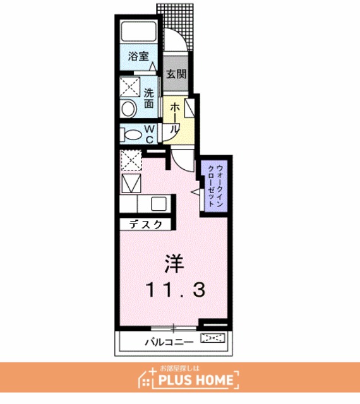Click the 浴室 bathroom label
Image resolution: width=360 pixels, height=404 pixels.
click(x=138, y=56)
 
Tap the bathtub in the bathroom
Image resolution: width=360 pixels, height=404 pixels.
click(x=139, y=31)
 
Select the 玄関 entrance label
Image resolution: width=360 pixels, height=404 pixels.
click(x=176, y=74)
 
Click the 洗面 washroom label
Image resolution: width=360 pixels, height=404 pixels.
click(x=149, y=98)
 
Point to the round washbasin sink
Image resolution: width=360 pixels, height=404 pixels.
click(x=128, y=109)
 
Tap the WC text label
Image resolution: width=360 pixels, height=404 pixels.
click(x=150, y=134)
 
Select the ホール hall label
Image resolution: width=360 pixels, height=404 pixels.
click(x=175, y=117)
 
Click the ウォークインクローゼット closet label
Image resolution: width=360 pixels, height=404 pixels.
click(x=215, y=186)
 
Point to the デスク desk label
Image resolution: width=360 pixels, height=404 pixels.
click(x=145, y=225)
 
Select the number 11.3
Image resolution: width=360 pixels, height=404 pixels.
click(x=176, y=290)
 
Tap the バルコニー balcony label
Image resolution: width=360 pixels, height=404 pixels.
click(x=169, y=342)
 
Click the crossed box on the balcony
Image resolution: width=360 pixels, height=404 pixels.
click(x=213, y=338)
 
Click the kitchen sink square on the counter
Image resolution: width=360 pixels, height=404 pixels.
click(x=159, y=204)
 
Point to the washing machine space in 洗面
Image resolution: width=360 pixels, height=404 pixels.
click(x=129, y=86)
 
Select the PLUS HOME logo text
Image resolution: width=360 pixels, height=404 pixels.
click(x=196, y=380)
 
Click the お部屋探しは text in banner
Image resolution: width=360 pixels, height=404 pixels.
click(x=180, y=369)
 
